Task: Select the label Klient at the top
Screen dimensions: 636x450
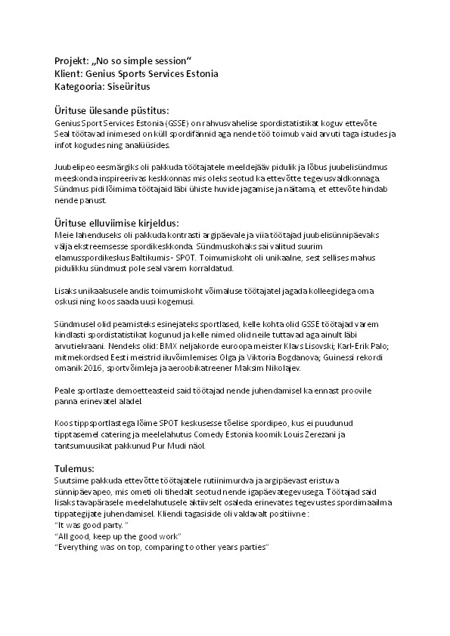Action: tap(70, 73)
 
